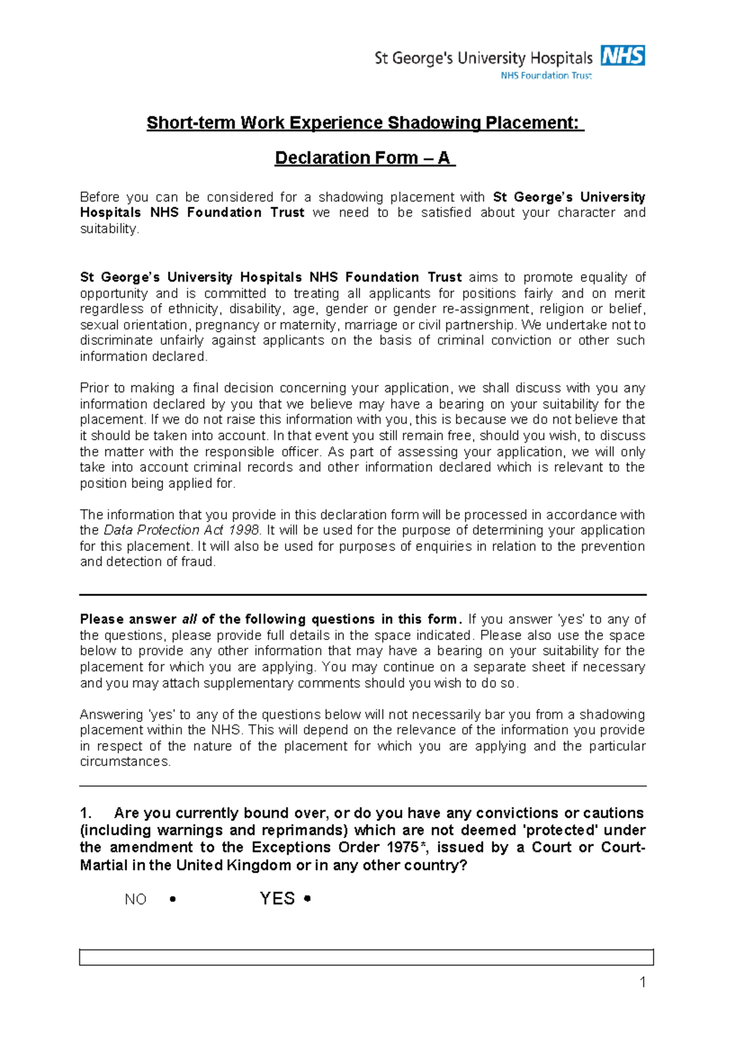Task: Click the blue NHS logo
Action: coord(622,56)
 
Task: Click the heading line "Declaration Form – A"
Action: coord(365,158)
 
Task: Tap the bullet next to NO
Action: coord(172,899)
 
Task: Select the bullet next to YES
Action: coord(308,899)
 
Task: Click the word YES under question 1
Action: coord(277,899)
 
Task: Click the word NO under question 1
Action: coord(135,900)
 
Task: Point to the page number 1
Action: coord(642,983)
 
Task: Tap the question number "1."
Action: coord(86,813)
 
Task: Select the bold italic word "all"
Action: coord(189,620)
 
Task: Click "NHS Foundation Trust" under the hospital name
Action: coord(546,76)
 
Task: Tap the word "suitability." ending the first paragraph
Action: coord(110,229)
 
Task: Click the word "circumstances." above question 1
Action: coord(125,762)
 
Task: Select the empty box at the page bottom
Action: coord(366,957)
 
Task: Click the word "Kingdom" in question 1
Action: coord(257,865)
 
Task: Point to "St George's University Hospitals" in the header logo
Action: coord(484,58)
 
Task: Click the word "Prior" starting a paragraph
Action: coord(94,388)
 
